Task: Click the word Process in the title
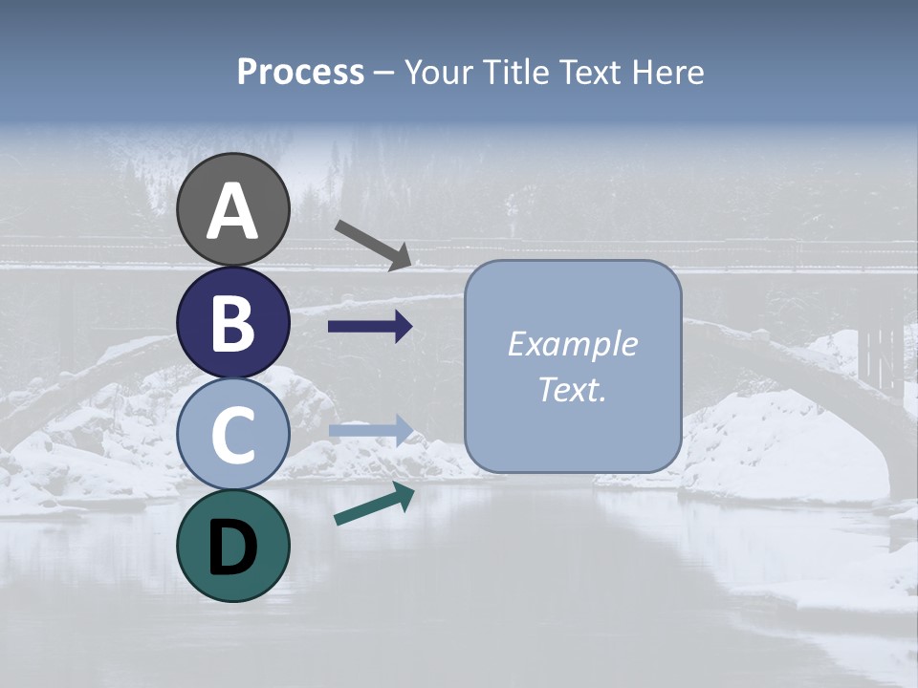(x=300, y=72)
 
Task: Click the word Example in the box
(x=572, y=344)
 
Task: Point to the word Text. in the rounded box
(x=572, y=389)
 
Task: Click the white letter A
(x=233, y=211)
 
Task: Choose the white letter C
(x=233, y=435)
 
